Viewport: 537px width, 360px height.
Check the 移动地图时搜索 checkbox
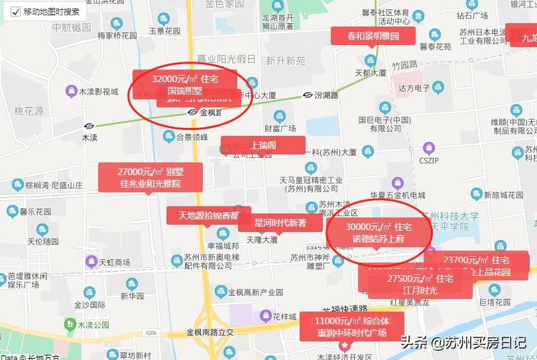click(x=15, y=11)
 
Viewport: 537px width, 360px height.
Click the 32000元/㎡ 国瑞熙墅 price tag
click(x=184, y=84)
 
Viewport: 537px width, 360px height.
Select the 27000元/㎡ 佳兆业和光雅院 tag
click(x=150, y=177)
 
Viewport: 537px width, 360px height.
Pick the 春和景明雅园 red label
click(x=373, y=36)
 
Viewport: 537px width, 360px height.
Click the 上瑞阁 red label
click(x=263, y=145)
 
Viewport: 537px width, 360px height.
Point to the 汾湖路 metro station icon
click(x=308, y=95)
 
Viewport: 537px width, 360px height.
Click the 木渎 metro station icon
click(x=89, y=125)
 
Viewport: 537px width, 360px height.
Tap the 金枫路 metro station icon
click(x=192, y=112)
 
